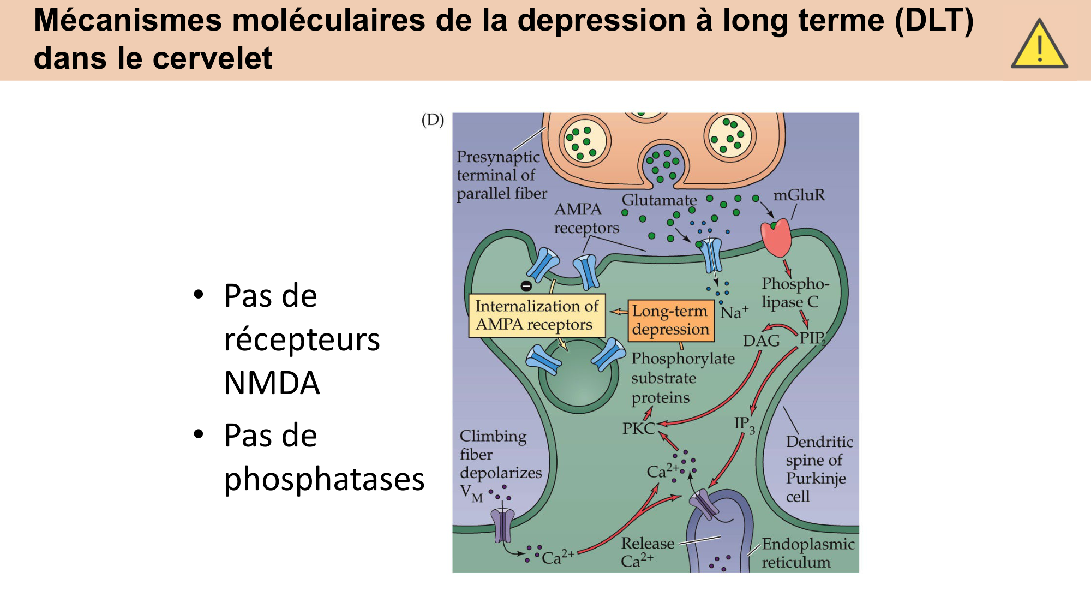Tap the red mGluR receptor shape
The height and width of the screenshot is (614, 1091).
coord(777,238)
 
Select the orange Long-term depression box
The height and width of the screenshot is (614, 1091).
coord(670,320)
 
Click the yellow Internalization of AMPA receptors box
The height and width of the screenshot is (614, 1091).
coord(537,315)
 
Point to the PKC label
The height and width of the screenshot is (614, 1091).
coord(638,428)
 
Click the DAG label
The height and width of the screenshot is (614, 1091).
coord(761,341)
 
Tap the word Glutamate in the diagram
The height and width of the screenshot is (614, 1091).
coord(659,200)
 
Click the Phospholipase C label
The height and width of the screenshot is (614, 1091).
coord(795,293)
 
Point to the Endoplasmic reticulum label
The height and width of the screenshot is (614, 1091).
coord(807,553)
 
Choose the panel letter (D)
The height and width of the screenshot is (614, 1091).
coord(433,120)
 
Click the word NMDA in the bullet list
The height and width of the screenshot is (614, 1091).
coord(272,383)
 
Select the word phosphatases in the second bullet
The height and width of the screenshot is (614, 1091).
coord(324,479)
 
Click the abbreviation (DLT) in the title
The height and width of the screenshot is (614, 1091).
coord(934,21)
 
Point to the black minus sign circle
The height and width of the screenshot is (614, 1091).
coord(526,285)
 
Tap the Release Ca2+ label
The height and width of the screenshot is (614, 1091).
coord(647,552)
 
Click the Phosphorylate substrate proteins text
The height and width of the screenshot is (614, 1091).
coord(682,378)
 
